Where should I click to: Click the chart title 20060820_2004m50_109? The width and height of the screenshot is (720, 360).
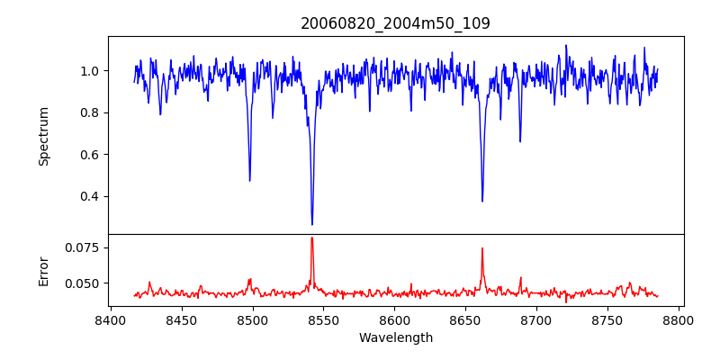(x=395, y=23)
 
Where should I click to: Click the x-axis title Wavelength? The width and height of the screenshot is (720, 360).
(x=395, y=337)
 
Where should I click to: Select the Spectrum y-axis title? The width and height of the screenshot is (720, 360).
(x=43, y=136)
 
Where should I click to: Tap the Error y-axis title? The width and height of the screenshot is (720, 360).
(x=43, y=271)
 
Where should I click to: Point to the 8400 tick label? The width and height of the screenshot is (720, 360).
(x=110, y=319)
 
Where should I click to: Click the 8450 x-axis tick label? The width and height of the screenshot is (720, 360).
(x=181, y=319)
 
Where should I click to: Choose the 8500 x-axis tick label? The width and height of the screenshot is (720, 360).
(x=252, y=319)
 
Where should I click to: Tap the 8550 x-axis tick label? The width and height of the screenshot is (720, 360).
(x=323, y=319)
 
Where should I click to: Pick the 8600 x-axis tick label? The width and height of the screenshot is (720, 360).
(x=394, y=319)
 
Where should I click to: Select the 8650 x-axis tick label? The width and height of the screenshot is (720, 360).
(x=465, y=319)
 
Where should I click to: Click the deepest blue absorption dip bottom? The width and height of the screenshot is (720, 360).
(x=312, y=224)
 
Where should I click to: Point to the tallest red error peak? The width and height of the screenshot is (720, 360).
(x=311, y=238)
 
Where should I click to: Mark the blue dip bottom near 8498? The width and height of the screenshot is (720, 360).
(x=249, y=180)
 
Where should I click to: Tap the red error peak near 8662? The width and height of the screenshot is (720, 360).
(x=482, y=248)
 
